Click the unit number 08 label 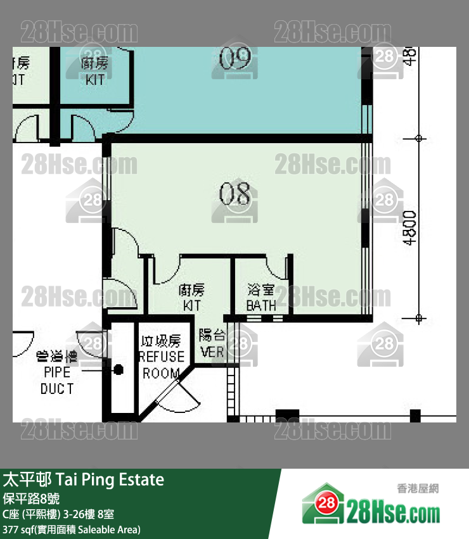[234, 194]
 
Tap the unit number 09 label [235, 59]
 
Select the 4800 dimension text [411, 228]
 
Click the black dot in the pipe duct [118, 369]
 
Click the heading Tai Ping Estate [84, 479]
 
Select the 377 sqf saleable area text [72, 529]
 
